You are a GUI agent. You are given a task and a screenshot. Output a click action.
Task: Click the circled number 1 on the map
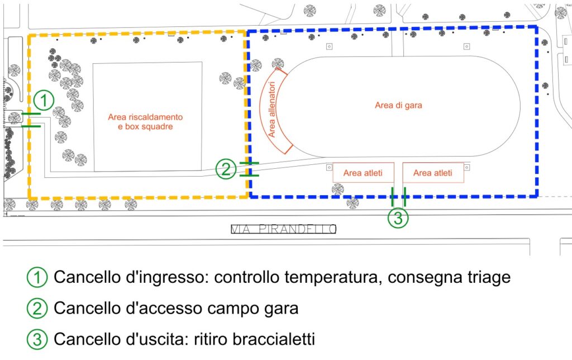tap(44, 101)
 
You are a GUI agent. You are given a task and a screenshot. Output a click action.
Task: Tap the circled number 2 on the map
tap(226, 169)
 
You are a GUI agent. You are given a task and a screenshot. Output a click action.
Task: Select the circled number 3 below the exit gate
tap(398, 218)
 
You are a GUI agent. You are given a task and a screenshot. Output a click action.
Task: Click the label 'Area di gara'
tap(398, 106)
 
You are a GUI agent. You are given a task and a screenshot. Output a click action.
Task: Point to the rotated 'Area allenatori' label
tap(272, 110)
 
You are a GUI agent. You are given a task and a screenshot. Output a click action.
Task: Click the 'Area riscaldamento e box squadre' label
tap(145, 122)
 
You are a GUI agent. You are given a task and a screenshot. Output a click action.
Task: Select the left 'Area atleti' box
tap(363, 173)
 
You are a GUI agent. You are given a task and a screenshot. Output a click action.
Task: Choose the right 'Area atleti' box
tap(433, 173)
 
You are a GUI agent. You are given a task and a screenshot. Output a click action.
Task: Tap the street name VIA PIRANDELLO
tap(283, 229)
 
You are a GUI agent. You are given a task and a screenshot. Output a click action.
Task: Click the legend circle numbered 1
tap(37, 277)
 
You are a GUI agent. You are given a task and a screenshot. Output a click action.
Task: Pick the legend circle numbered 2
tap(37, 309)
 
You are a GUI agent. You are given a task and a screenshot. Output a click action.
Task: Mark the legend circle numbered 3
tap(37, 339)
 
